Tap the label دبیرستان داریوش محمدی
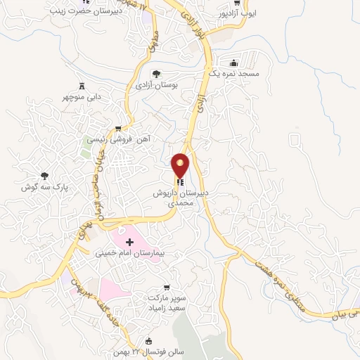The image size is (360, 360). (180, 197)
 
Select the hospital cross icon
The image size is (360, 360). (129, 242)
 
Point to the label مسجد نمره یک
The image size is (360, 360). (233, 73)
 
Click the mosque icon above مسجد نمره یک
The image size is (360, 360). (233, 61)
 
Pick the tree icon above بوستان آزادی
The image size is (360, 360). (156, 73)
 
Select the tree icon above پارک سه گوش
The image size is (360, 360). (45, 175)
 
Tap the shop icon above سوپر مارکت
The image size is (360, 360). (166, 288)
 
